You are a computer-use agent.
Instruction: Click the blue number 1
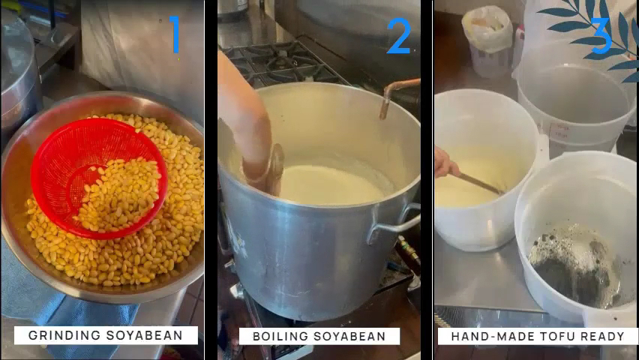point(175,34)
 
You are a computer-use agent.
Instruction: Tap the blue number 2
point(398,36)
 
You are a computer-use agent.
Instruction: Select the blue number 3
point(601,36)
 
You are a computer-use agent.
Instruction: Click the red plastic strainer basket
point(99,178)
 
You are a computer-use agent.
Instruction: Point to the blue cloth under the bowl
point(61,301)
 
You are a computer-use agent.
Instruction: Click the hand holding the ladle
point(444,162)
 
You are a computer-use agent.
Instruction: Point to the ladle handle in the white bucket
point(478,184)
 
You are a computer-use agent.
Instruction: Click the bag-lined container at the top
point(487,40)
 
